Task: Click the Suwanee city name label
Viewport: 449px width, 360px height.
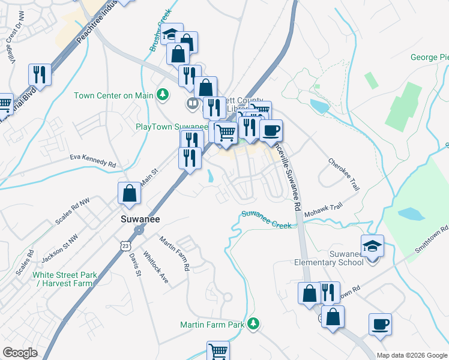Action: [139, 219]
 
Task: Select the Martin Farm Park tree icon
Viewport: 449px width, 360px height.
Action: [254, 324]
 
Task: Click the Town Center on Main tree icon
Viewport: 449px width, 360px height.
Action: [161, 95]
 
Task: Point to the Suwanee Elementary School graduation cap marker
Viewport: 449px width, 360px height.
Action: [372, 245]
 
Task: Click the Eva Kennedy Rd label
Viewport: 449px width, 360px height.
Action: [92, 163]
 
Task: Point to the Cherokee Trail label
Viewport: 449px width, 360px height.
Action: [344, 175]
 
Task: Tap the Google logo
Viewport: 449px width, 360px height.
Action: [20, 353]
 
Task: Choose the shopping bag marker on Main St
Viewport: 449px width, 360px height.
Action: [129, 193]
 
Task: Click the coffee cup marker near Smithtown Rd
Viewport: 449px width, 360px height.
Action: [380, 325]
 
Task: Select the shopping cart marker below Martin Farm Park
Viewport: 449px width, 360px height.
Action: [218, 352]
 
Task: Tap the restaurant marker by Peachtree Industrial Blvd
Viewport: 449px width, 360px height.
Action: [40, 74]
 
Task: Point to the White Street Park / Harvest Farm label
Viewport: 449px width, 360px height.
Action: [64, 279]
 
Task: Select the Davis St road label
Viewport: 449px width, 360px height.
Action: [134, 263]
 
